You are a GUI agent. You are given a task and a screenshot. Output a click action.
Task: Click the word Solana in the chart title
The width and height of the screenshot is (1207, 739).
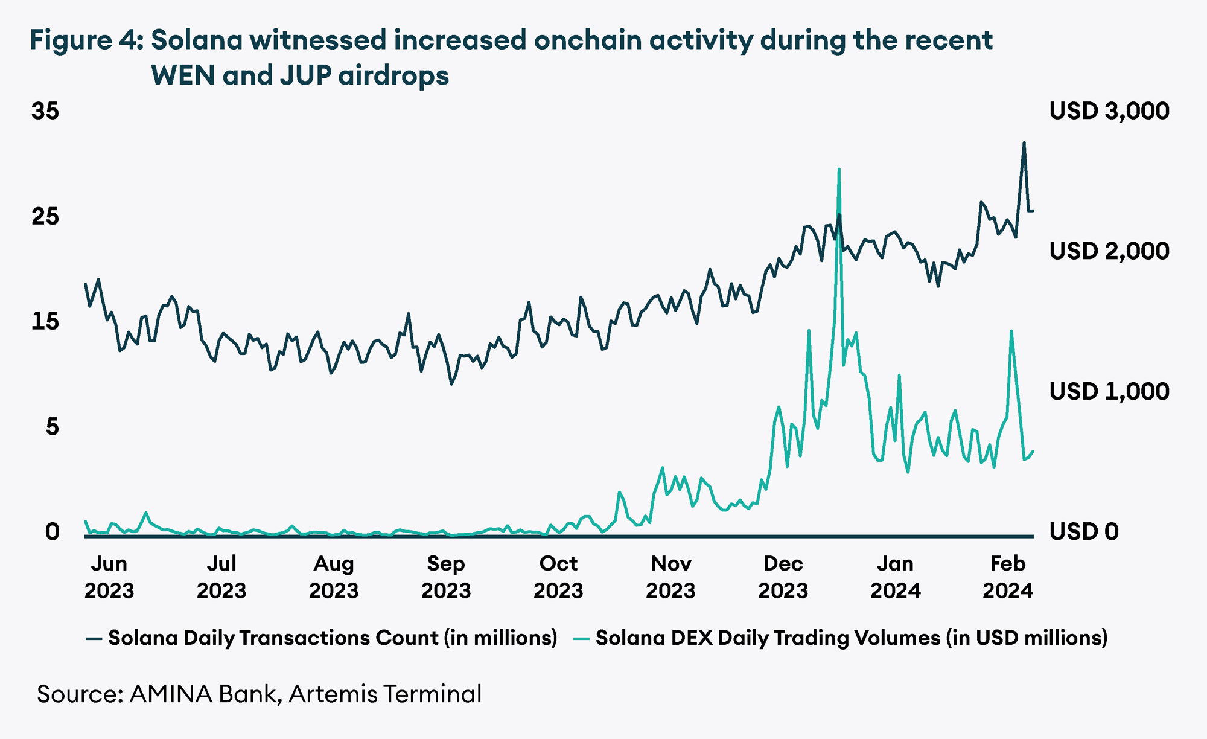[x=197, y=40]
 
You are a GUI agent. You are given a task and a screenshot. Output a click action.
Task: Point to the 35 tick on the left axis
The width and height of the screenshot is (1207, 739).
[x=45, y=111]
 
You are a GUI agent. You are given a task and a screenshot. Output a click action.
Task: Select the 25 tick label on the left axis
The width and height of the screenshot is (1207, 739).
[x=45, y=216]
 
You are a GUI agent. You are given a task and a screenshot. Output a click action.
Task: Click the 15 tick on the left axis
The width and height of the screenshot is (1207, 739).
[x=45, y=321]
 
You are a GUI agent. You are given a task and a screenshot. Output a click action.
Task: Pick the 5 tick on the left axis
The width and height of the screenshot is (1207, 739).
[x=53, y=427]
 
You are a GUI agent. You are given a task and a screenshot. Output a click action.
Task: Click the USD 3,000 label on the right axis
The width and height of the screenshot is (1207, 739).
[x=1109, y=111]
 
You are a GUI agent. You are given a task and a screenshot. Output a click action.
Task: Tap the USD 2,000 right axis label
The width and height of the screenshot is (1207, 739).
[x=1109, y=251]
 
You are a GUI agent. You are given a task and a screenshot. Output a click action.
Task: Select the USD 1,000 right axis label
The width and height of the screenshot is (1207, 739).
[x=1109, y=392]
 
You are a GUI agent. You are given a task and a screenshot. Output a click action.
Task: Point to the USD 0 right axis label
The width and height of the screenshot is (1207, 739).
[x=1083, y=532]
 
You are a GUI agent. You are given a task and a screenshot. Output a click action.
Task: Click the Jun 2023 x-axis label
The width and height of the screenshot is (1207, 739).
[x=109, y=577]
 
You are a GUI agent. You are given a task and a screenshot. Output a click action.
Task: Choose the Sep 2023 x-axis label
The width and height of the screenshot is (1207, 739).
[x=445, y=577]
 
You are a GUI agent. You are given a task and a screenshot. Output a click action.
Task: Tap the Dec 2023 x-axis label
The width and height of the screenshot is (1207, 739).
[x=783, y=577]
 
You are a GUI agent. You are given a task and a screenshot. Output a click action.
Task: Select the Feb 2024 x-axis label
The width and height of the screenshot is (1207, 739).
[x=1007, y=577]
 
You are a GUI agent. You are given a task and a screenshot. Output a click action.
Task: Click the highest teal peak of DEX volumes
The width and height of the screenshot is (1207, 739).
[x=839, y=170]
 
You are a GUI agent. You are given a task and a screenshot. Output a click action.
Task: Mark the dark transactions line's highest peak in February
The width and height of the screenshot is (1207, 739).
[x=1024, y=144]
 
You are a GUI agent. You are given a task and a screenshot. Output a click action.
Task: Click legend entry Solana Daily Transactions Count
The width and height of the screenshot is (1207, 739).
[x=332, y=638]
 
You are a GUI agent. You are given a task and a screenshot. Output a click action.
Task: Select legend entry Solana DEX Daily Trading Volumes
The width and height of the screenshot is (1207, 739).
[x=851, y=638]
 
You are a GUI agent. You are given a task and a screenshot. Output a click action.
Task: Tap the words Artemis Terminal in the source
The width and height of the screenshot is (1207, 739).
[x=385, y=694]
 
